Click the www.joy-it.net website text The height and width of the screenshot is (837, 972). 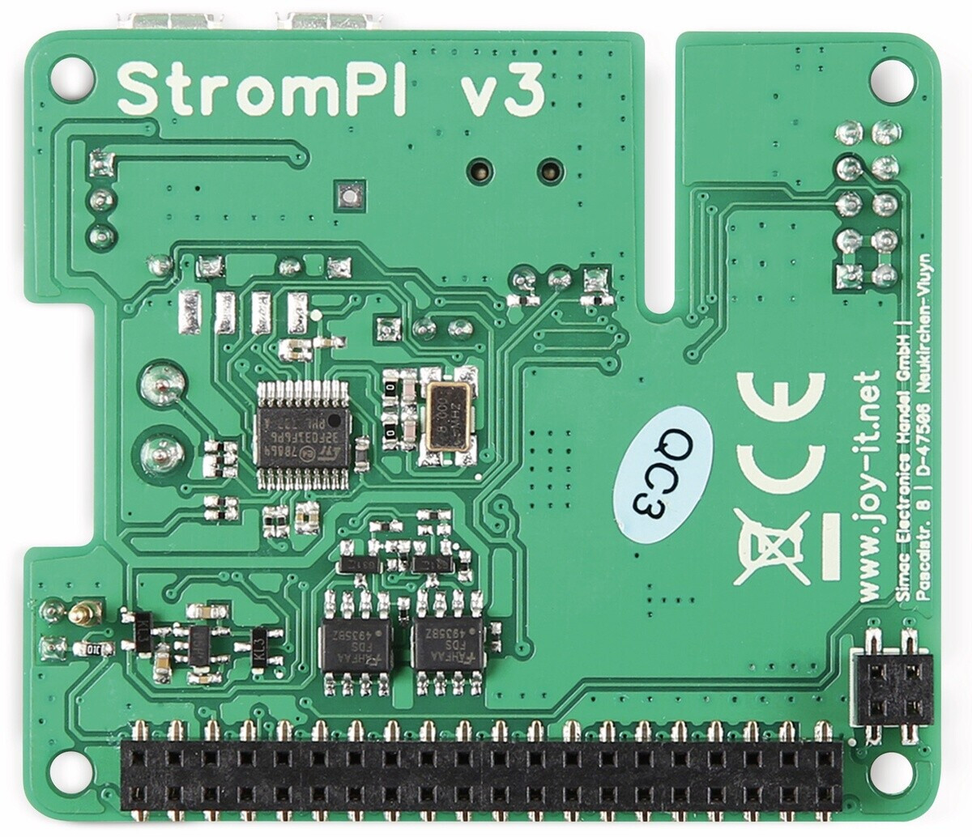(x=869, y=486)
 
